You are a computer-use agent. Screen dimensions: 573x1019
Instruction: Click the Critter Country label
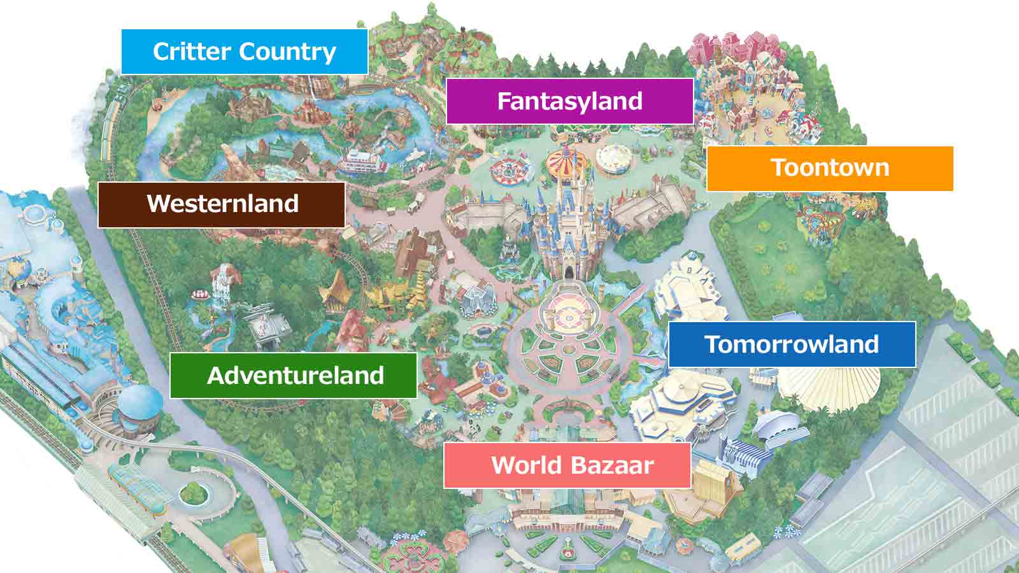click(244, 52)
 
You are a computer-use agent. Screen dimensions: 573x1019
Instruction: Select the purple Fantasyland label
click(569, 101)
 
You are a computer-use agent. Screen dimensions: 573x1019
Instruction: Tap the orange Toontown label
click(829, 168)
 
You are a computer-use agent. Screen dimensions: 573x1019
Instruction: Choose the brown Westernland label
click(222, 204)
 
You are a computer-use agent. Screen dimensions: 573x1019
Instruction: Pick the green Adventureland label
click(294, 375)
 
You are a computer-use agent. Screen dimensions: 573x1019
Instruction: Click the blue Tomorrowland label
click(792, 344)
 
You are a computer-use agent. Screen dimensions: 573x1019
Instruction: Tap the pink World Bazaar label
click(567, 465)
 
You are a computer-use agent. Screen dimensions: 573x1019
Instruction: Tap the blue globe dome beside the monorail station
click(141, 402)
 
